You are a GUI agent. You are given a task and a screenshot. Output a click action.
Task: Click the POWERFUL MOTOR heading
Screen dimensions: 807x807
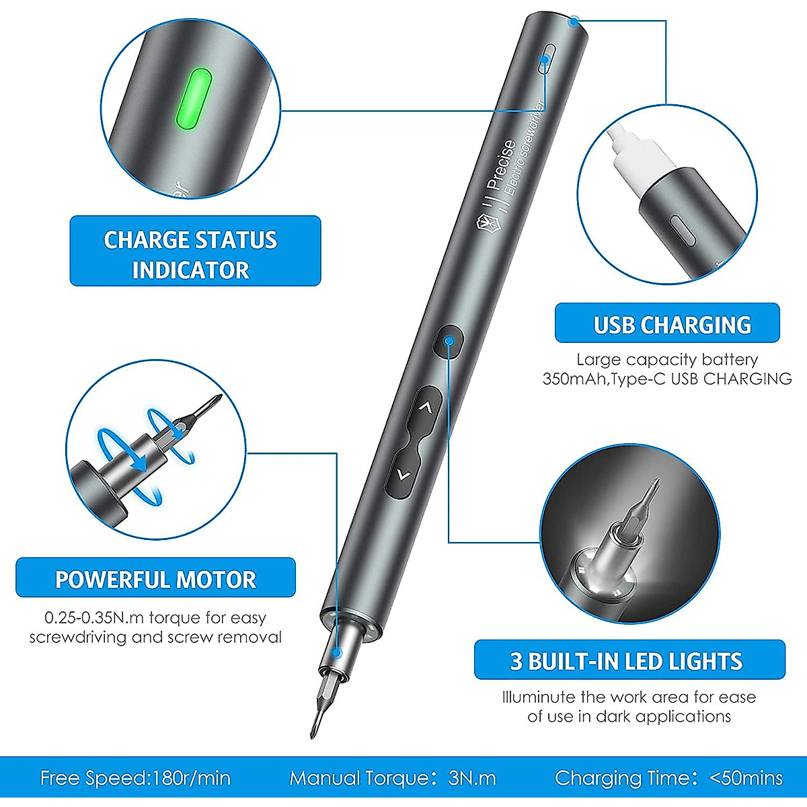click(155, 578)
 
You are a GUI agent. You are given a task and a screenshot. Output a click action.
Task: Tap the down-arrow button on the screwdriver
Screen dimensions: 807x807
click(403, 475)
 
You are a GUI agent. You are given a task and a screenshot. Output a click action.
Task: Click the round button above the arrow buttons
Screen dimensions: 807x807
click(449, 341)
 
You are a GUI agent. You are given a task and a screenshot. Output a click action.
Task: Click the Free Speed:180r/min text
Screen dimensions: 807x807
click(135, 778)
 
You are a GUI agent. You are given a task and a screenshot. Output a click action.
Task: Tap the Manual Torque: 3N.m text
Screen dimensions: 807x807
click(393, 778)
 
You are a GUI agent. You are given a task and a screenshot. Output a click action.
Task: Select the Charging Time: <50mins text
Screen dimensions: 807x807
click(668, 778)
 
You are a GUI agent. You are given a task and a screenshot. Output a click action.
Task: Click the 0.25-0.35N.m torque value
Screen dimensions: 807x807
click(95, 617)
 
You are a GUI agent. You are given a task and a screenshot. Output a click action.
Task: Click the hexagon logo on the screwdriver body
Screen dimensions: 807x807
click(484, 223)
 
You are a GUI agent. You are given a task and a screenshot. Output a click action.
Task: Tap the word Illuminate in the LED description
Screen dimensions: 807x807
click(539, 697)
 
